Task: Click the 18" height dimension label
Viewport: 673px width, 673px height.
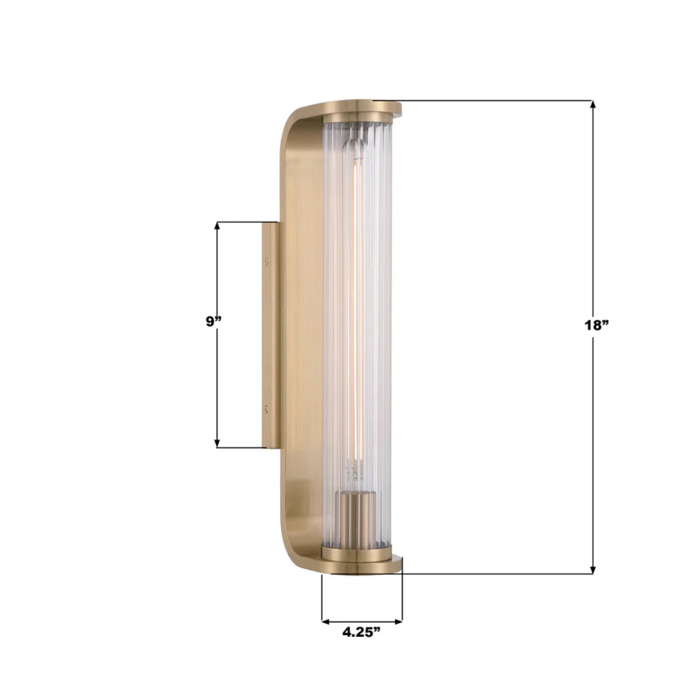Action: pyautogui.click(x=596, y=325)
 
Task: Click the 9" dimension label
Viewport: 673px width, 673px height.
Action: pyautogui.click(x=214, y=322)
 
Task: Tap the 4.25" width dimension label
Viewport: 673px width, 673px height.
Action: pyautogui.click(x=361, y=632)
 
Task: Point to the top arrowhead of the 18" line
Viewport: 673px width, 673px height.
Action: pyautogui.click(x=593, y=105)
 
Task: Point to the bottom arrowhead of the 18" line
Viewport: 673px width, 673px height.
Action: pyautogui.click(x=593, y=570)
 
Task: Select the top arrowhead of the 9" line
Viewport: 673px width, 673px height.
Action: pyautogui.click(x=217, y=226)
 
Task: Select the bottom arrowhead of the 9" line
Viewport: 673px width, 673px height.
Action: pyautogui.click(x=217, y=443)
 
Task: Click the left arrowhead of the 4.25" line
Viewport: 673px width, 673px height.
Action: pyautogui.click(x=326, y=621)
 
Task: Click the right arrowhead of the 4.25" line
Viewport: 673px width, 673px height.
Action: pyautogui.click(x=398, y=621)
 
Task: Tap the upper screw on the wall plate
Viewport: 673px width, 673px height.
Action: pyautogui.click(x=267, y=262)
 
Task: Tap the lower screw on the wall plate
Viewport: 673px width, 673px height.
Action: pyautogui.click(x=267, y=409)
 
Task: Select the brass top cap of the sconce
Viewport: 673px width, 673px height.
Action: pyautogui.click(x=361, y=110)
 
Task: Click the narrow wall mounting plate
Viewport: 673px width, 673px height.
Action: pyautogui.click(x=270, y=335)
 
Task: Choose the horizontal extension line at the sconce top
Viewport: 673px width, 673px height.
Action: pyautogui.click(x=492, y=100)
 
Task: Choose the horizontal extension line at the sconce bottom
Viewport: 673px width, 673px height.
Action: pyautogui.click(x=492, y=574)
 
